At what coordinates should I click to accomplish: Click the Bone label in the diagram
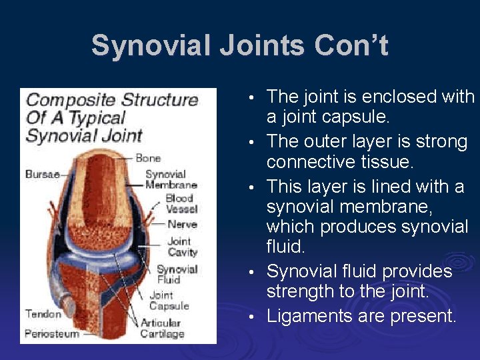click(x=148, y=158)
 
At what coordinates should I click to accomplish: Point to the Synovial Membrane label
click(x=171, y=179)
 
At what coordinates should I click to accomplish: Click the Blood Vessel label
click(x=179, y=203)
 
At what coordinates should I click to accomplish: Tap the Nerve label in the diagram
click(x=182, y=225)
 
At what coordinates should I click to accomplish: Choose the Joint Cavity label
click(x=182, y=247)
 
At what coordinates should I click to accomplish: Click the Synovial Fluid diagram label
click(x=177, y=274)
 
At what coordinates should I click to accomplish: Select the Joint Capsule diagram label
click(x=169, y=301)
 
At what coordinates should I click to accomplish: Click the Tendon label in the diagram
click(x=43, y=313)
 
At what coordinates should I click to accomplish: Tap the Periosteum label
click(x=52, y=333)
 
